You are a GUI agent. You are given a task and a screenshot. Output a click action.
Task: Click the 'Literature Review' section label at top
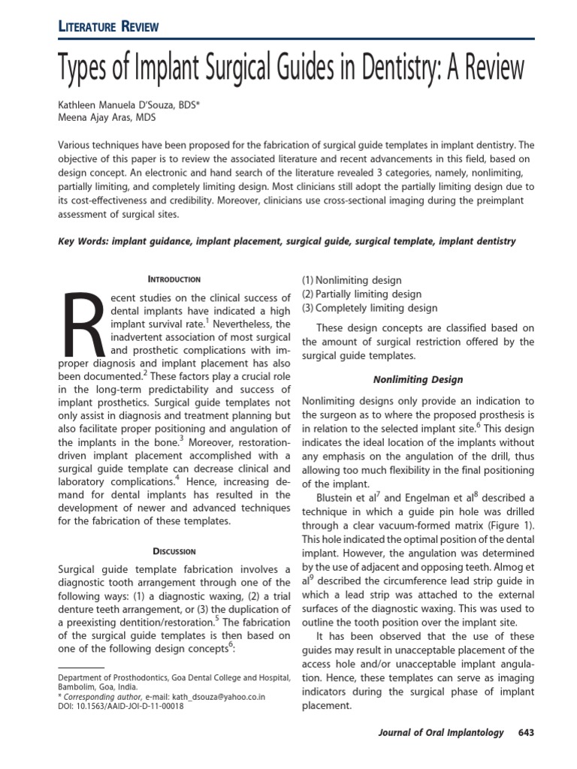pos(108,28)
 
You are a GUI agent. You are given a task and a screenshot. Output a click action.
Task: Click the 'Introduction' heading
pos(174,279)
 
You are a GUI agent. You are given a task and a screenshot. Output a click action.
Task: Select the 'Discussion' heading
pos(174,550)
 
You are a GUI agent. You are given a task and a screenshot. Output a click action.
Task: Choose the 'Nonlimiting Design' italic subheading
pos(418,379)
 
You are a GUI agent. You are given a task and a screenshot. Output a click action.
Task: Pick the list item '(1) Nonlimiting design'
pos(352,280)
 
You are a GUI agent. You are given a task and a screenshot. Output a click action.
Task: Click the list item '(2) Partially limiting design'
pos(361,294)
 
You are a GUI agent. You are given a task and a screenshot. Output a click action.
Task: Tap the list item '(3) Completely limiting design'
pos(369,308)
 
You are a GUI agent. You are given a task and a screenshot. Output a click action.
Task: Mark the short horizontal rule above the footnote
pos(81,666)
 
